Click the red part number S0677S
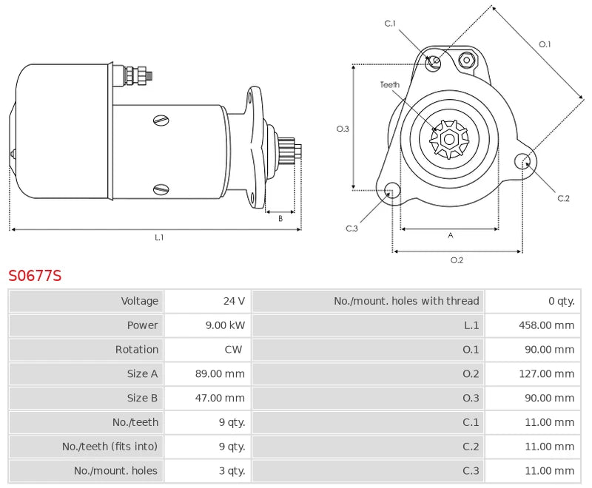point(35,276)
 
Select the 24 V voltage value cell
point(234,301)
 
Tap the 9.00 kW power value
point(227,325)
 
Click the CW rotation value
point(234,350)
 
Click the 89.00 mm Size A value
point(220,374)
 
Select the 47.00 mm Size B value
point(220,399)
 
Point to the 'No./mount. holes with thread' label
point(406,301)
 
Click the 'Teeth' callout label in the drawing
point(390,85)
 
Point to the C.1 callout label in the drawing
point(390,24)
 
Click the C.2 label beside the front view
point(563,197)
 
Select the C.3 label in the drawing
point(352,228)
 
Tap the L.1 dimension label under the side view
point(159,237)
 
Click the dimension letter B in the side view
point(280,218)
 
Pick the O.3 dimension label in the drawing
point(343,129)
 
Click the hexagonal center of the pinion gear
point(449,139)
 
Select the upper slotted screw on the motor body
point(161,121)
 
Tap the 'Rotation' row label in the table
point(136,350)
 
